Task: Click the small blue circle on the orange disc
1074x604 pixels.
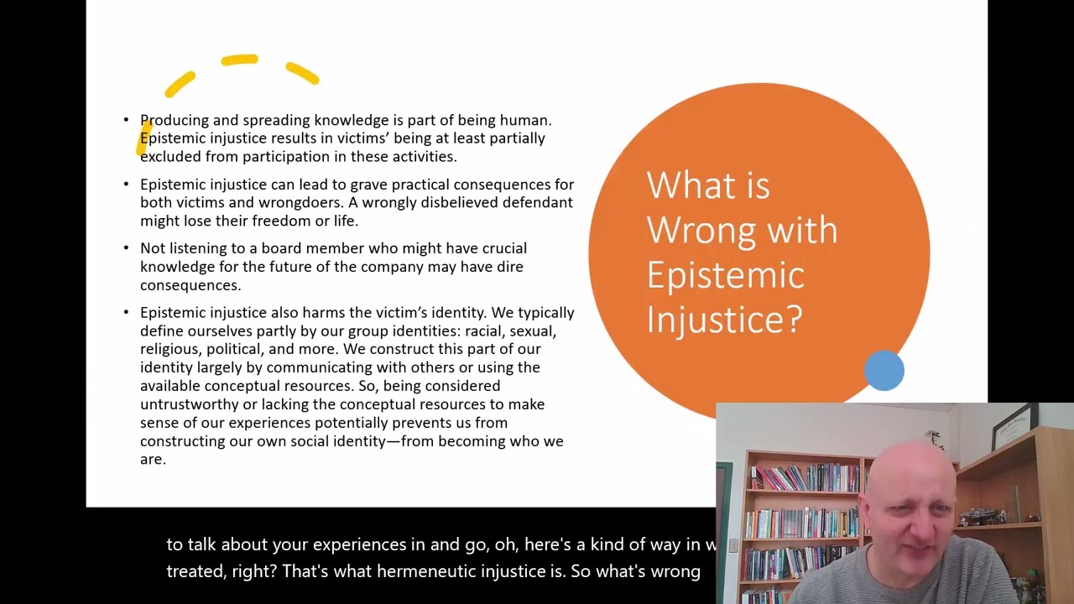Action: pyautogui.click(x=884, y=371)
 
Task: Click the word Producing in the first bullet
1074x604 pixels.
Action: pyautogui.click(x=174, y=121)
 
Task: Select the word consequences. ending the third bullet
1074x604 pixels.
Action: pyautogui.click(x=190, y=285)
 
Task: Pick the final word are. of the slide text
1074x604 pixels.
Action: pyautogui.click(x=153, y=460)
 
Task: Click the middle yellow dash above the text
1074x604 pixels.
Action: pyautogui.click(x=239, y=60)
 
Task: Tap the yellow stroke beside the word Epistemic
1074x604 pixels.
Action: pyautogui.click(x=143, y=139)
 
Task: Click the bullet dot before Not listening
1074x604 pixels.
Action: pyautogui.click(x=126, y=248)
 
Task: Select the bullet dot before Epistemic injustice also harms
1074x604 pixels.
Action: pyautogui.click(x=126, y=312)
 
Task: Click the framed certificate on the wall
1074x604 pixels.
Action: pyautogui.click(x=1010, y=426)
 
